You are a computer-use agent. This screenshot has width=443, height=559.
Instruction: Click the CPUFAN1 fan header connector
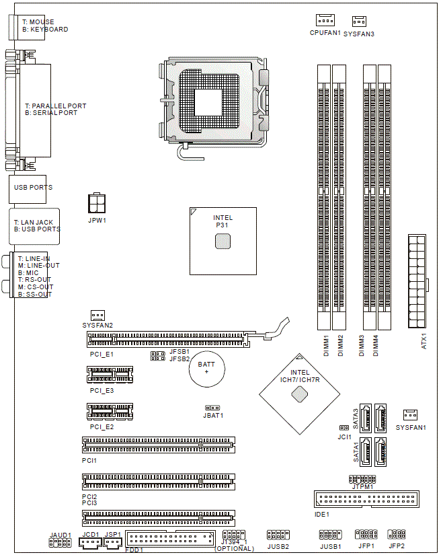(325, 20)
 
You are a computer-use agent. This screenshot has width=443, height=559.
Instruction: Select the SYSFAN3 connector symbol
(359, 22)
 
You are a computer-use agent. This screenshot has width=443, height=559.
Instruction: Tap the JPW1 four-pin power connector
(97, 203)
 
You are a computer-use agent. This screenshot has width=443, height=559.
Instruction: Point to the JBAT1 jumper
(212, 408)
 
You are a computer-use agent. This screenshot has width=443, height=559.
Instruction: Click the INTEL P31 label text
(223, 221)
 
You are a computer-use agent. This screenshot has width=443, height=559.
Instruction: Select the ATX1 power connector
(417, 281)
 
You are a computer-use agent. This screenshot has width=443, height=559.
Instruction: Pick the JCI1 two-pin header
(344, 427)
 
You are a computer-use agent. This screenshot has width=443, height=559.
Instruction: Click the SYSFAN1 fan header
(410, 414)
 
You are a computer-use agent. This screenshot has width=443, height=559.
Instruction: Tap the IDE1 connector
(366, 498)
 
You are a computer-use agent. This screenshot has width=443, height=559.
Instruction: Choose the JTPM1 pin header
(362, 479)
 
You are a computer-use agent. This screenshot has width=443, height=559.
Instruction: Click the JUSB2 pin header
(278, 534)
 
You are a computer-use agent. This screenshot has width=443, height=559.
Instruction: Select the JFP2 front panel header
(397, 533)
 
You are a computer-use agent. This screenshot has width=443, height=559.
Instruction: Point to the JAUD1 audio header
(60, 543)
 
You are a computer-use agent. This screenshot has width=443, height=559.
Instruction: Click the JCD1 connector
(90, 543)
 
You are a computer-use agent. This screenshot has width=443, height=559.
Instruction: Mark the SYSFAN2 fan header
(97, 315)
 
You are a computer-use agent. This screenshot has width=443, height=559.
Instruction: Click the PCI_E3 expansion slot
(110, 375)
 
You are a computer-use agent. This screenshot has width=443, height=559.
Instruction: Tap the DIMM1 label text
(326, 345)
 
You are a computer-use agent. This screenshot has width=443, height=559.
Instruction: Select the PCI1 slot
(159, 445)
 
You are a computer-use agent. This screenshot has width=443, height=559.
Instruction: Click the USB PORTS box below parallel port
(28, 189)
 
